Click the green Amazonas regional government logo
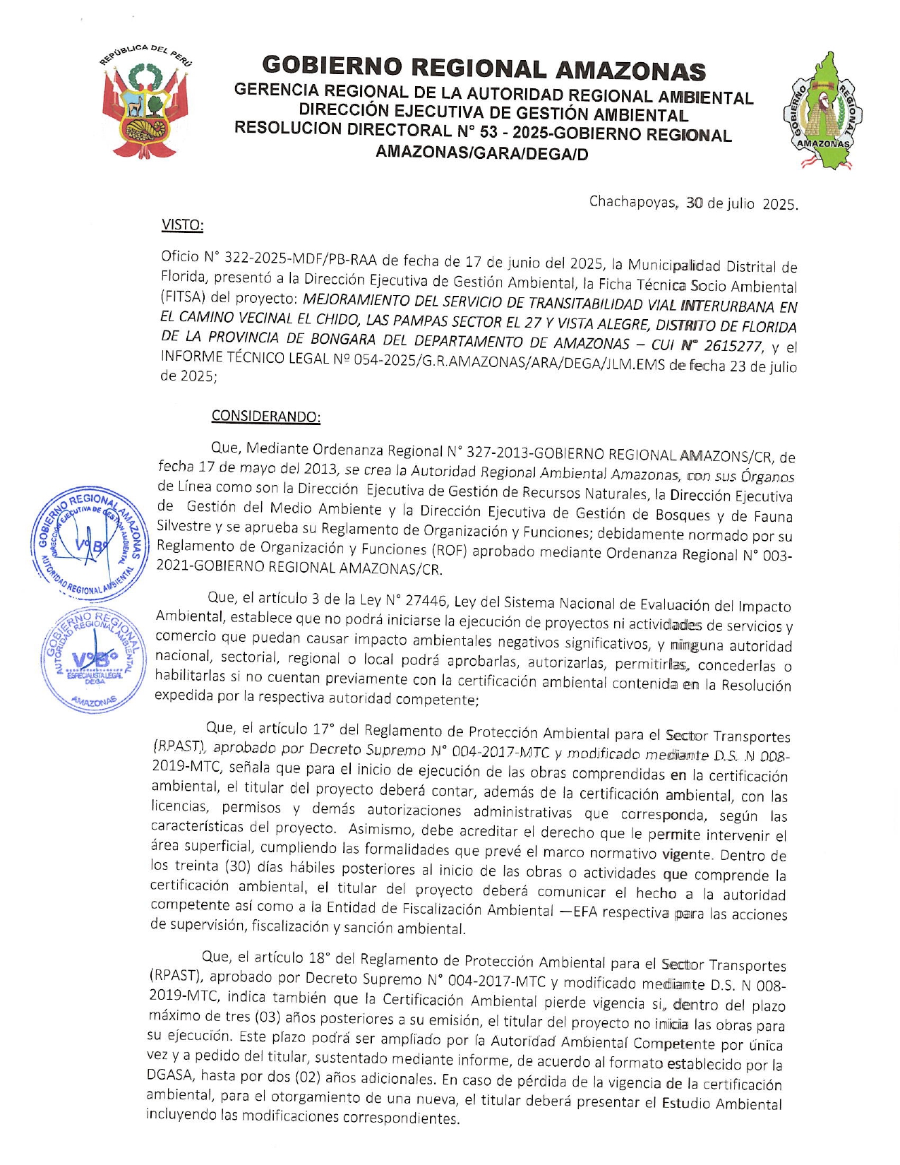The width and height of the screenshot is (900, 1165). [x=823, y=112]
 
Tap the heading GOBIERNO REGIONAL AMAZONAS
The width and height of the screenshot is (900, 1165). [x=484, y=68]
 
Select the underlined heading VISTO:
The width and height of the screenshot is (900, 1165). [x=182, y=225]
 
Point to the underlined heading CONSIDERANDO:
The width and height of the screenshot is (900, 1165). [x=266, y=416]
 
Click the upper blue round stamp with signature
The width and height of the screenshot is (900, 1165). [x=90, y=544]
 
